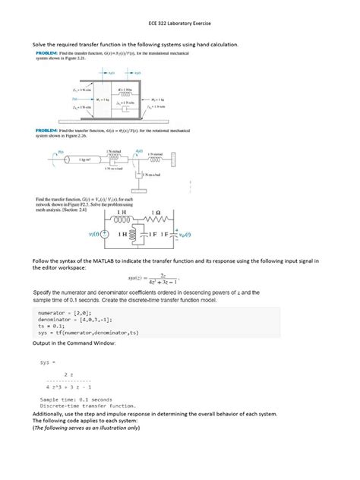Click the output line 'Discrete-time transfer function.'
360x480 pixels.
[x=88, y=406]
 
